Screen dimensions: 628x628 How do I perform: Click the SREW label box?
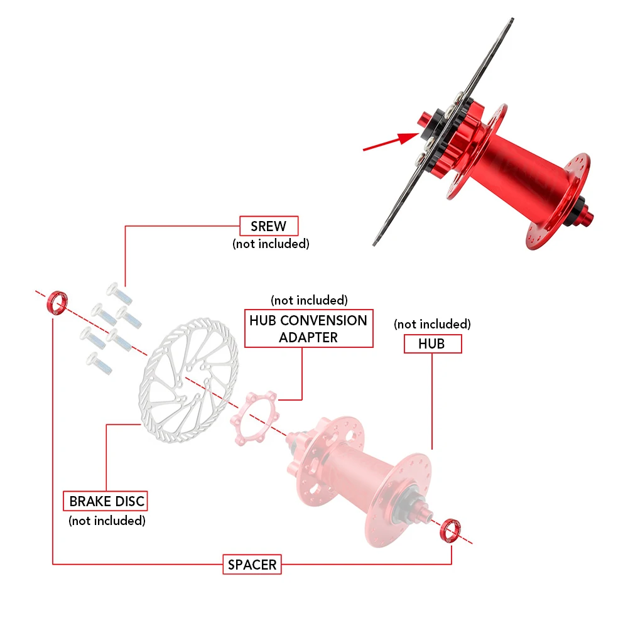pos(269,226)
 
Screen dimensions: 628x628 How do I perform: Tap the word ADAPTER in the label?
pos(308,337)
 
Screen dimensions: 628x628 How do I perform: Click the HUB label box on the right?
pos(432,344)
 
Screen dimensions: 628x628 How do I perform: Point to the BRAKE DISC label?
pos(107,501)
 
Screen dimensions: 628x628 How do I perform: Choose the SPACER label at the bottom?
pos(252,565)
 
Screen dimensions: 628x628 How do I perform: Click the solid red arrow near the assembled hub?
pos(389,141)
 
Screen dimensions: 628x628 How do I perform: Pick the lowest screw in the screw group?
pos(100,363)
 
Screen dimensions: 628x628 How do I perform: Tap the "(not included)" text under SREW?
pos(271,244)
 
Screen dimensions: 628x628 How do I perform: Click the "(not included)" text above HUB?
pos(432,324)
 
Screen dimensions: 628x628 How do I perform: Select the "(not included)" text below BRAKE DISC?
pos(107,520)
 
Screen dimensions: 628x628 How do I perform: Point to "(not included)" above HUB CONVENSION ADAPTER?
pos(308,300)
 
